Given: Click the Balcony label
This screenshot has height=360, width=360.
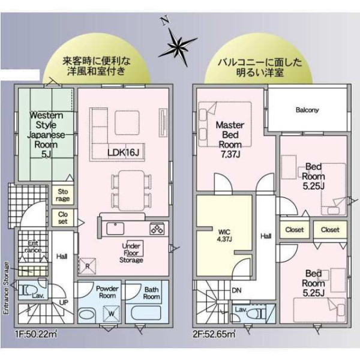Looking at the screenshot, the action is tap(307, 110).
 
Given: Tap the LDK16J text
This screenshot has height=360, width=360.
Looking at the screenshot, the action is tap(123, 152).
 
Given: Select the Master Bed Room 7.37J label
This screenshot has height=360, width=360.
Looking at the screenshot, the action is tap(230, 140).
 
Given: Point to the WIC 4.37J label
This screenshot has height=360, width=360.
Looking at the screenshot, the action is tap(224, 235).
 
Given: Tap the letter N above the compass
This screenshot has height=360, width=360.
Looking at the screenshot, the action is tap(165, 20).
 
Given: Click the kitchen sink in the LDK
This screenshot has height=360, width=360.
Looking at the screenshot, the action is tap(115, 229).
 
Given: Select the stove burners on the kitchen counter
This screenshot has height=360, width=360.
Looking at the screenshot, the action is tap(157, 229).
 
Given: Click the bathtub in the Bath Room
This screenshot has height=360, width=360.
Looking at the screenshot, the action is tap(146, 313).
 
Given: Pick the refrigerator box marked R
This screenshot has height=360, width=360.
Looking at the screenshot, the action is tap(87, 266).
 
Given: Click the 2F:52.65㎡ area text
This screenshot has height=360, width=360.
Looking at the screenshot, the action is tap(214, 334).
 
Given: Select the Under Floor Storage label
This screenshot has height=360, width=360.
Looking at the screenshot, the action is tap(131, 253).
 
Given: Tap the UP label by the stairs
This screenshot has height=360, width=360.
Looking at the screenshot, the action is tap(64, 302).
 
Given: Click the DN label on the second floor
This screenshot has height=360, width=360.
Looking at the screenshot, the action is tap(236, 290).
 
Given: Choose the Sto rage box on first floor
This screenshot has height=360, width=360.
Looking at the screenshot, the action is tap(62, 195).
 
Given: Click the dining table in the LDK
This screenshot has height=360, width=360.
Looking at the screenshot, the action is tap(131, 191).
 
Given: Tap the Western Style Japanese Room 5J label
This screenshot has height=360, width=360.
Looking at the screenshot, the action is tap(46, 135).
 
